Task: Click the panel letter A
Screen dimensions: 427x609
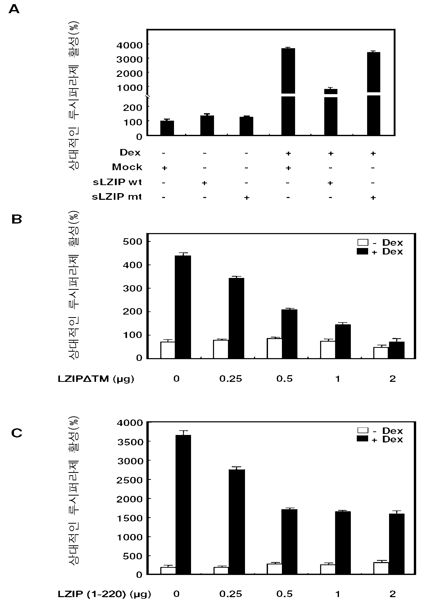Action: [x=14, y=9]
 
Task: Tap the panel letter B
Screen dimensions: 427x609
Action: [x=17, y=219]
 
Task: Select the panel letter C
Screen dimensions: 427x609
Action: [x=17, y=433]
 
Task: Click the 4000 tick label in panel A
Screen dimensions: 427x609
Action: [x=130, y=45]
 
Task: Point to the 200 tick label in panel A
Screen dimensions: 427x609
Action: [x=132, y=108]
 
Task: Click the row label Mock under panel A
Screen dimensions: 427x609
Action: [x=127, y=167]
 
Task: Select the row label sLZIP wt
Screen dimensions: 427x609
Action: [x=117, y=182]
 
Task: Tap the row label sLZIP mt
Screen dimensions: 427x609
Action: [x=117, y=197]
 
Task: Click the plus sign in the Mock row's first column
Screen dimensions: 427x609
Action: [x=165, y=168]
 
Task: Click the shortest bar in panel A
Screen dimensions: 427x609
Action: [x=167, y=128]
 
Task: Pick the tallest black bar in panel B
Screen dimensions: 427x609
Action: [x=183, y=307]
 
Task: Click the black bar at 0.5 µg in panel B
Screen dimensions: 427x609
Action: [x=289, y=334]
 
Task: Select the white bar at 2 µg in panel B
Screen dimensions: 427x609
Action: [x=381, y=353]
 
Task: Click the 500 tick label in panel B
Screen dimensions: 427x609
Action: [x=133, y=242]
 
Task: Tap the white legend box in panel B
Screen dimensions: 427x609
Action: [x=362, y=242]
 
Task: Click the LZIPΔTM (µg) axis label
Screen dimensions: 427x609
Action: [x=96, y=379]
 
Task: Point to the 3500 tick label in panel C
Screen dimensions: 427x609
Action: [x=130, y=442]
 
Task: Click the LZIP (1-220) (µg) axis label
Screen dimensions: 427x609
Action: [x=104, y=594]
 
